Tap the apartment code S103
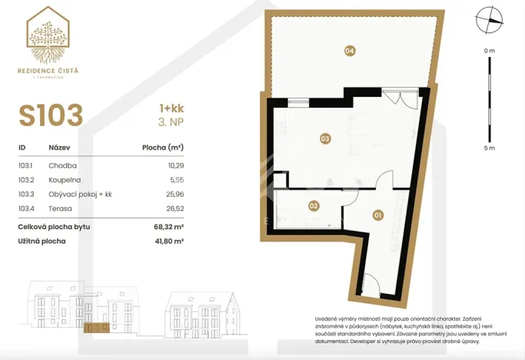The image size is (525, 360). point(51,115)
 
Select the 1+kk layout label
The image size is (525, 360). point(171,110)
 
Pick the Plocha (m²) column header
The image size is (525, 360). point(163,148)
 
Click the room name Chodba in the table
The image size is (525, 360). point(62,165)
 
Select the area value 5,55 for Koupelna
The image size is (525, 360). point(176,179)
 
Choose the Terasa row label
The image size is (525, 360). point(61,208)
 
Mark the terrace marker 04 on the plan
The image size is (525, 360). point(350,51)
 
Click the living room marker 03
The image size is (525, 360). point(325,139)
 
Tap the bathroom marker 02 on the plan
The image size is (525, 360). point(314,205)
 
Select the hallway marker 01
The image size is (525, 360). point(377,215)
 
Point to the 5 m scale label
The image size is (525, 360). point(490,148)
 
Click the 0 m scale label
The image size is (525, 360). point(490,50)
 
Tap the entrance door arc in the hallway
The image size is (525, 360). point(369,285)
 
